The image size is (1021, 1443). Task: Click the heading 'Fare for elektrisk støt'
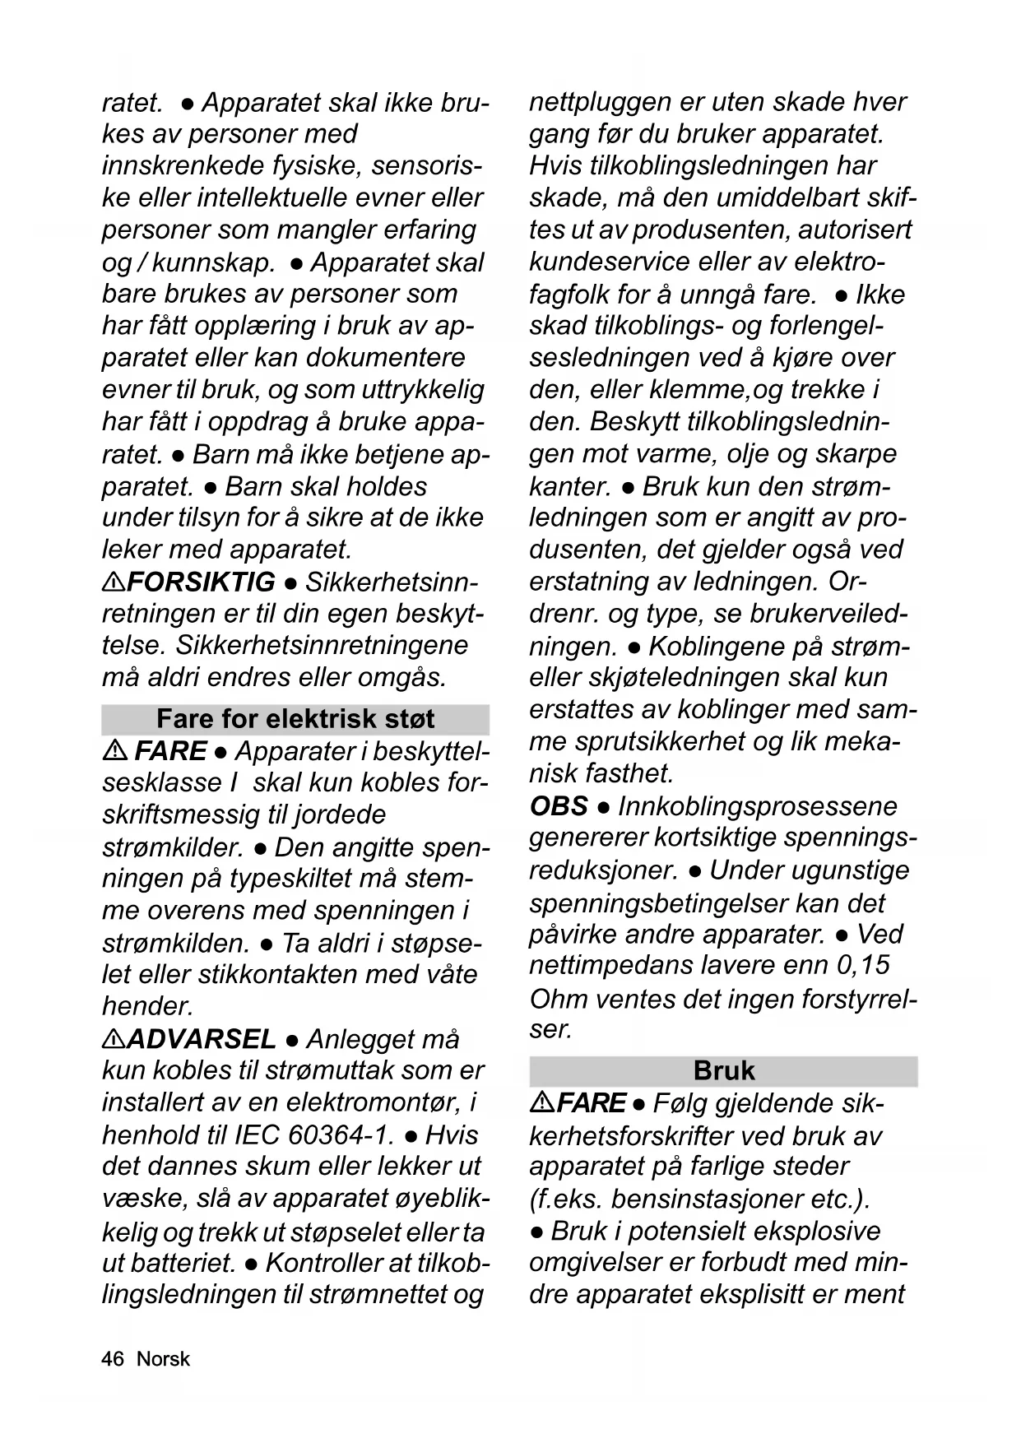295,719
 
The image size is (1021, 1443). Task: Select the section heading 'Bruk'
724,1070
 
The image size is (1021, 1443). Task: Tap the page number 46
112,1358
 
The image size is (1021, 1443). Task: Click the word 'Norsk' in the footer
163,1358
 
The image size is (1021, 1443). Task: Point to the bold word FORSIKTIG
201,582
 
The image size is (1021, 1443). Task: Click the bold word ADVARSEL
201,1038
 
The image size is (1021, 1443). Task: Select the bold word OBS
559,805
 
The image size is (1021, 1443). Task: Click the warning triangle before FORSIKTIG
114,582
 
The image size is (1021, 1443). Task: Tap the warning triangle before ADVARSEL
114,1038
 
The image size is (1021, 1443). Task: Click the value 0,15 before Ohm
863,964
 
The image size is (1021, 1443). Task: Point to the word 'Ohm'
557,999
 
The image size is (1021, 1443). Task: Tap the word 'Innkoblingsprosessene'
757,805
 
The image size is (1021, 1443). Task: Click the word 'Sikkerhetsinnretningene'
322,645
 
